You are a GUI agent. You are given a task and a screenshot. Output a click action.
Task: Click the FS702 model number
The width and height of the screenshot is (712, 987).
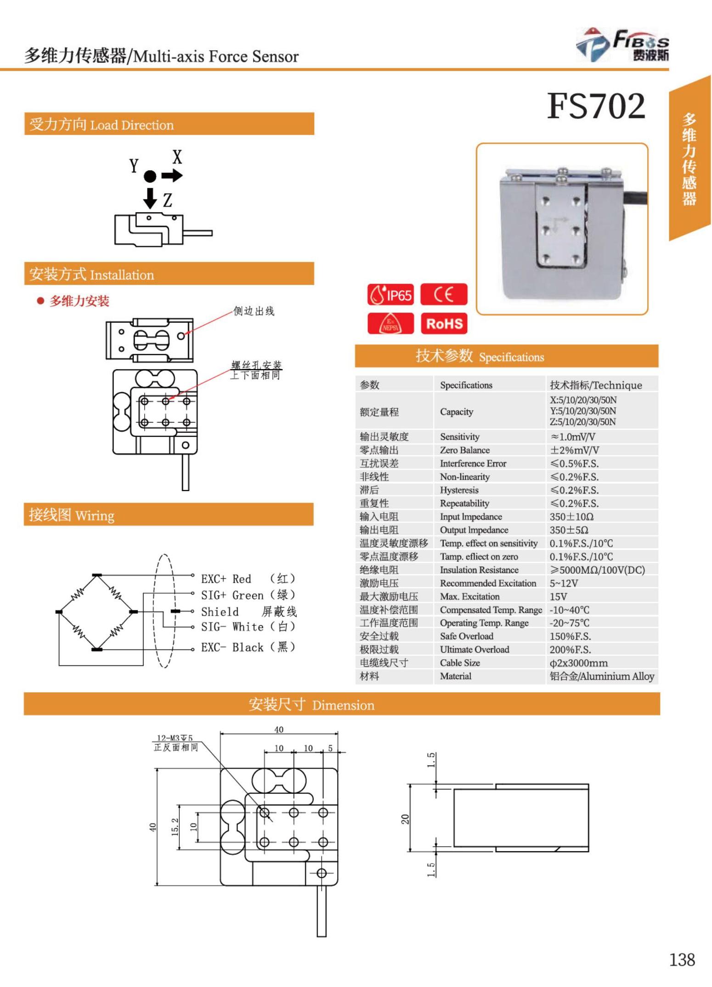pos(596,106)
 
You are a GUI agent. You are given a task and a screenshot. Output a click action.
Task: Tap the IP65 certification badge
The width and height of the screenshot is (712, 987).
pos(390,295)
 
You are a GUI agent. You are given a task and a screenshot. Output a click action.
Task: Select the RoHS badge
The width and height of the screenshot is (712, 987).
pos(444,324)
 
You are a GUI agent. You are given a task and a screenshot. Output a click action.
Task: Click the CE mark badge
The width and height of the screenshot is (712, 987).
pos(444,294)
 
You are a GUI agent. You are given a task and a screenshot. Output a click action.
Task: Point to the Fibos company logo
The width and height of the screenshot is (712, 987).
pos(622,45)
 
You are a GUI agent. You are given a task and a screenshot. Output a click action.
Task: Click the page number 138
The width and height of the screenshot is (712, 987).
pos(682,959)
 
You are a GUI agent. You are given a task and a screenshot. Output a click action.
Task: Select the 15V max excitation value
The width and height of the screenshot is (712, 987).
pos(559,596)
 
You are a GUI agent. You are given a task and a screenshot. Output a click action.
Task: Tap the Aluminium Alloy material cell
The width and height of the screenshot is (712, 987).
pos(602,676)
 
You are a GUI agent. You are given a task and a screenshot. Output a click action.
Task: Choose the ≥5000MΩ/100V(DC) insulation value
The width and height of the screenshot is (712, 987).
pos(597,570)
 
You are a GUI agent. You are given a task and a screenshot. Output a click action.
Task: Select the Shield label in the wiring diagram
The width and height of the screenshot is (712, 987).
pos(220,612)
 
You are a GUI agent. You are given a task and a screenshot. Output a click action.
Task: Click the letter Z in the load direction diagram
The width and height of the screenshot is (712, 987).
pos(168,200)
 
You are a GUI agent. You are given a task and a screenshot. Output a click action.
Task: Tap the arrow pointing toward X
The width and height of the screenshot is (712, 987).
pos(172,175)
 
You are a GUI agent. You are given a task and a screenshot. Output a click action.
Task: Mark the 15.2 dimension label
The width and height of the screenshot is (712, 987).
pos(175,827)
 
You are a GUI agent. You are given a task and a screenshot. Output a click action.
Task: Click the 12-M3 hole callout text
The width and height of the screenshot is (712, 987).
pos(175,738)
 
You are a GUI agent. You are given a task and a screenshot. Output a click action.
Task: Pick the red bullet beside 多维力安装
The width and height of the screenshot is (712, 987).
pos(40,301)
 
